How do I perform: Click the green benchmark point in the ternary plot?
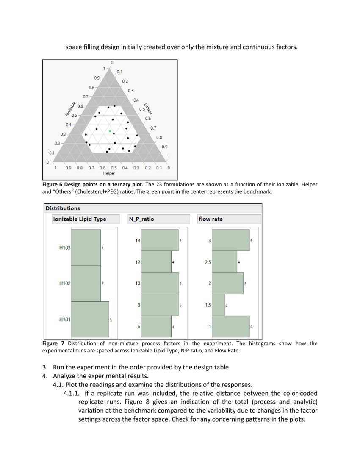point(110,131)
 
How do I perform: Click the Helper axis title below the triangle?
point(109,173)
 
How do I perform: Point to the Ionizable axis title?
point(71,109)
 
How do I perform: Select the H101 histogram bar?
point(90,319)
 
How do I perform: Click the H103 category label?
point(64,247)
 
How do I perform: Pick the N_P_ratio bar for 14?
point(159,240)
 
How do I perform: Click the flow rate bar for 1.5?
point(218,305)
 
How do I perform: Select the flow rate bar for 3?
point(230,240)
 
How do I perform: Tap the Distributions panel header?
point(63,208)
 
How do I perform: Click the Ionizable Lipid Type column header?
point(79,219)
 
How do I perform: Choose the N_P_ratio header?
point(141,219)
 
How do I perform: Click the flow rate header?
point(210,219)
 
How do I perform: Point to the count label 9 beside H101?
point(111,319)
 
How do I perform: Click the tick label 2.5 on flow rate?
point(208,262)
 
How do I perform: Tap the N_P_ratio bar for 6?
point(156,327)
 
